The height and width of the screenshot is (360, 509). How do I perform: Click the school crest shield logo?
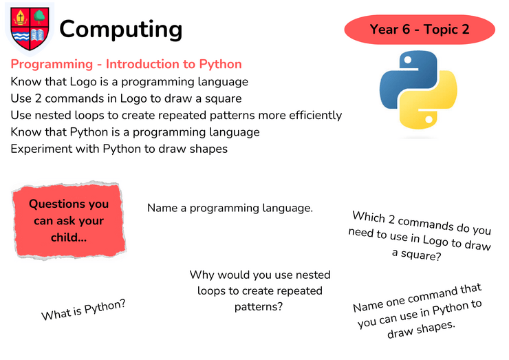(30, 29)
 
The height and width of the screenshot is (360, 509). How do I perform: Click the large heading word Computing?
(121, 30)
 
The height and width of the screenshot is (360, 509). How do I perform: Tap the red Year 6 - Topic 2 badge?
(420, 30)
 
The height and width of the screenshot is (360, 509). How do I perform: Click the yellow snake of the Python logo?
(429, 100)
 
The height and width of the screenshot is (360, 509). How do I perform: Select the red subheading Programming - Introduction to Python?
(127, 64)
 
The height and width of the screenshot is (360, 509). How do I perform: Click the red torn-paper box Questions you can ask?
(69, 221)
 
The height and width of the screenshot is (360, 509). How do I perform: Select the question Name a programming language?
(230, 209)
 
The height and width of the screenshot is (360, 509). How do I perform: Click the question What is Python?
(83, 310)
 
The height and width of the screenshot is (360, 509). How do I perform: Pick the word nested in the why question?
(313, 275)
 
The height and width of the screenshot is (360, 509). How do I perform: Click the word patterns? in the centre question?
(259, 307)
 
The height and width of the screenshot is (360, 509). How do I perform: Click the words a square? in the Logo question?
(416, 255)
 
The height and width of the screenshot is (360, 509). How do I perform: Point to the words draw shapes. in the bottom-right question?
(422, 330)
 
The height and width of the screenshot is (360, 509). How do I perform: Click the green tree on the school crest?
(40, 17)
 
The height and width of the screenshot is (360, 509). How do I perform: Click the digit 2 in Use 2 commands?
(38, 98)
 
